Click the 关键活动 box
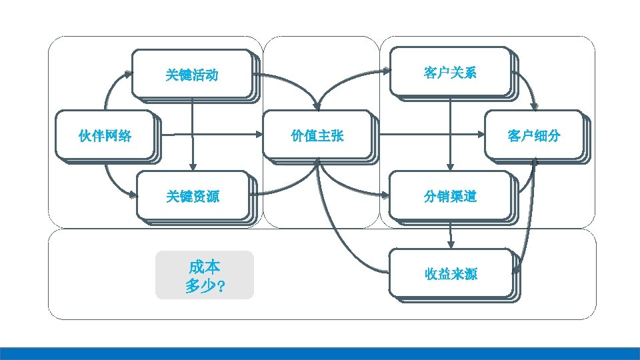point(192,74)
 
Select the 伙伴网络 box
point(105,136)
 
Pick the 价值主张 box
point(317,135)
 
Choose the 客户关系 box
point(450,72)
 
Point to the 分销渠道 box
point(450,196)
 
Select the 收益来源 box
point(451,273)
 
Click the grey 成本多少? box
point(204,275)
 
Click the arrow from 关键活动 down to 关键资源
point(192,133)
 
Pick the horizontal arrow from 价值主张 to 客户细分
point(433,135)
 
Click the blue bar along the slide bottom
point(320,353)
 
